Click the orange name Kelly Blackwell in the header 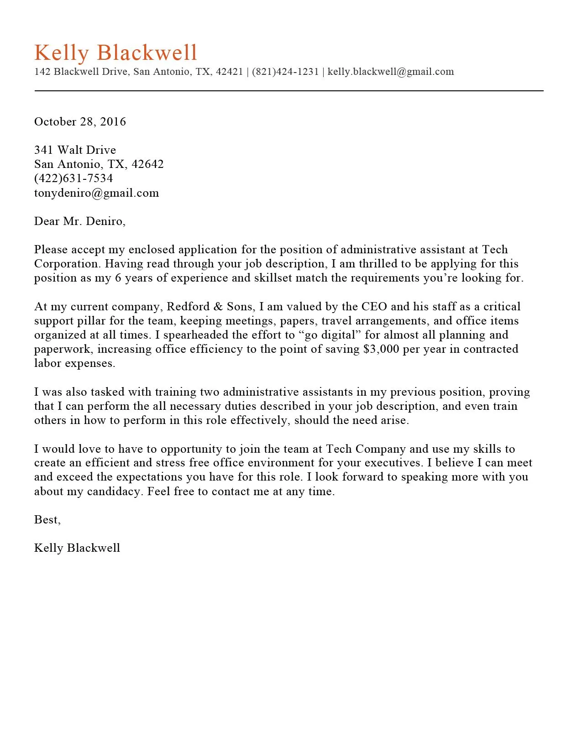click(115, 52)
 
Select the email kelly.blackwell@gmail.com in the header click(391, 72)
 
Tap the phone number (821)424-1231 click(285, 72)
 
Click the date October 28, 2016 click(80, 122)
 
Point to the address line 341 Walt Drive click(75, 150)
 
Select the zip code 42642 click(147, 164)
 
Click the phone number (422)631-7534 click(73, 178)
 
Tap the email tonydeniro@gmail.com click(96, 193)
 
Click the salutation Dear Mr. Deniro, click(79, 221)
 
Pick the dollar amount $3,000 click(381, 349)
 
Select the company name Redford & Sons click(210, 307)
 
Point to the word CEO click(374, 307)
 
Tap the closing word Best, click(47, 520)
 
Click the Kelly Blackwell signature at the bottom click(77, 548)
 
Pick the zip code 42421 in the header click(229, 72)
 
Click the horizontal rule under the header click(288, 91)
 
